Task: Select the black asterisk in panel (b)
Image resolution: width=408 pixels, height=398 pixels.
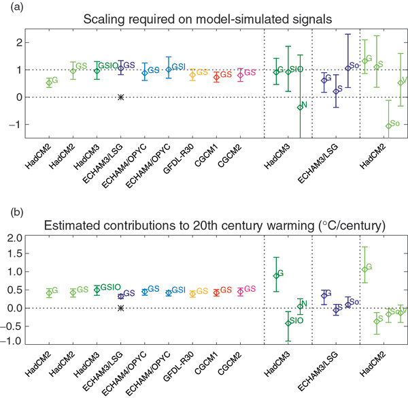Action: [x=120, y=308]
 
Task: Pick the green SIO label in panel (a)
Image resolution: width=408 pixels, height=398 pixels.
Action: [x=296, y=69]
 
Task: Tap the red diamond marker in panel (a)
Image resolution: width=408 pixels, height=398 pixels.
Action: [x=216, y=77]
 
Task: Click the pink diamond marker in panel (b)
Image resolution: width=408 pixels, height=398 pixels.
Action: [x=240, y=292]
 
